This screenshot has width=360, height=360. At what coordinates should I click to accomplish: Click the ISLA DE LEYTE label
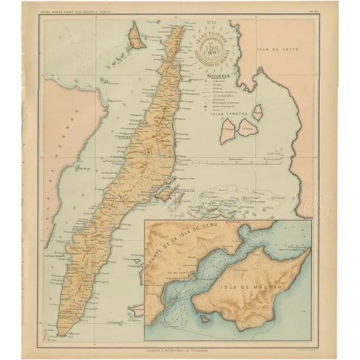(276, 50)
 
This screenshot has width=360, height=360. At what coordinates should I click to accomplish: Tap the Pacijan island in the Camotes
(228, 133)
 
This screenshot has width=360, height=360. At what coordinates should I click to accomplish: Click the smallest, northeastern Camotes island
(258, 112)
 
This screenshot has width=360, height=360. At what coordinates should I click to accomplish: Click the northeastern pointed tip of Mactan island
(308, 250)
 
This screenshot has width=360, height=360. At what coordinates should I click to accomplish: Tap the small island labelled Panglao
(136, 308)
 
